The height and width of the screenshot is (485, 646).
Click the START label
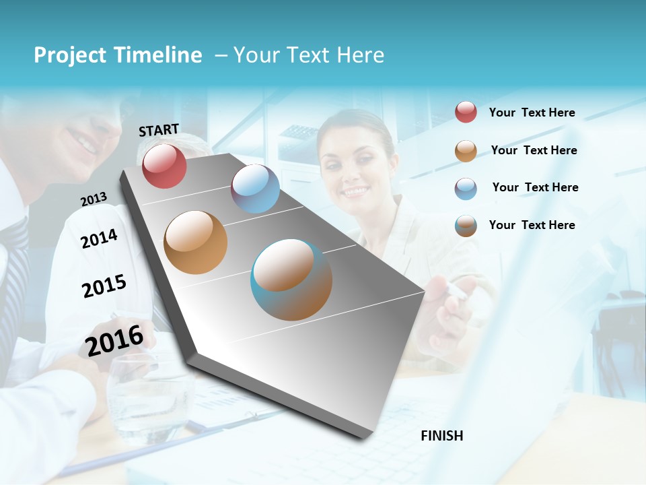click(x=159, y=130)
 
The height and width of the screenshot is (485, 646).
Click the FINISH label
click(x=442, y=436)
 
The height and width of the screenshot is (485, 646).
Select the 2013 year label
click(x=94, y=199)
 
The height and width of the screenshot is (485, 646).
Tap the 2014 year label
click(x=99, y=238)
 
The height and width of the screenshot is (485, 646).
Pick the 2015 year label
click(x=104, y=286)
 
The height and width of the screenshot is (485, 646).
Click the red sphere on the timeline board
click(x=164, y=166)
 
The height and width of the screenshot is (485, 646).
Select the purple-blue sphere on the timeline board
click(x=255, y=189)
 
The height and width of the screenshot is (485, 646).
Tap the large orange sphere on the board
click(x=195, y=242)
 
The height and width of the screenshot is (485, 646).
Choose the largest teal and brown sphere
click(x=291, y=280)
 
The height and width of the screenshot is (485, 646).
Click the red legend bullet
click(x=466, y=112)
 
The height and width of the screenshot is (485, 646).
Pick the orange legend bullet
click(x=466, y=151)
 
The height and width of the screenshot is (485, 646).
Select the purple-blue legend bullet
click(x=466, y=188)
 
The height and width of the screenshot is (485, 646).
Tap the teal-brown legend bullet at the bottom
click(x=466, y=226)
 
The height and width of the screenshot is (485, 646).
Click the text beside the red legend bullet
click(x=532, y=112)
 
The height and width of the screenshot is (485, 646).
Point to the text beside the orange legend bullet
click(x=534, y=150)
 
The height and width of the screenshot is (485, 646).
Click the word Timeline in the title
click(x=158, y=55)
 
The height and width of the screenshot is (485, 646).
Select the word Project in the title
click(x=70, y=55)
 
